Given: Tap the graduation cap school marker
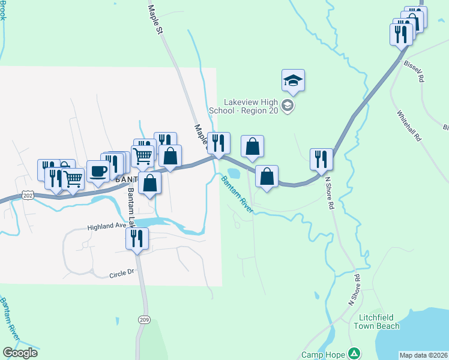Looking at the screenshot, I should coord(293,80).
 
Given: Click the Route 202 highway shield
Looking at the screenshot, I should coord(27,196).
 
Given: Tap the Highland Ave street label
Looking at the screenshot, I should coord(107,226).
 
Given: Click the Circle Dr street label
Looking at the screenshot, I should coord(122,274).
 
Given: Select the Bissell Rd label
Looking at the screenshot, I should coord(414,71).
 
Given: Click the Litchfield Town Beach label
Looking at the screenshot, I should coord(379,322).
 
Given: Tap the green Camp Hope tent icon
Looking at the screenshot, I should coord(355,353).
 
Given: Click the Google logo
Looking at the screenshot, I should coord(20,353).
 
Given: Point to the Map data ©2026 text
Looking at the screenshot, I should coord(424,355).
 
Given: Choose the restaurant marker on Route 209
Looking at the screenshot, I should coord(137,239).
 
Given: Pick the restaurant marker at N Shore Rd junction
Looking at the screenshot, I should coord(321,160).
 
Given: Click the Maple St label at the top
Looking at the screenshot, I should coord(155,19).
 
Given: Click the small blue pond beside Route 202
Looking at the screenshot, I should coord(234,174).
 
